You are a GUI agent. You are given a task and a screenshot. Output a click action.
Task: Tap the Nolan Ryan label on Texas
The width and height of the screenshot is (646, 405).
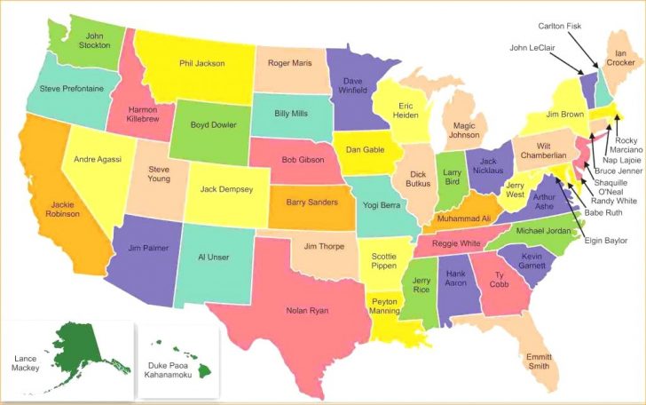coord(306,310)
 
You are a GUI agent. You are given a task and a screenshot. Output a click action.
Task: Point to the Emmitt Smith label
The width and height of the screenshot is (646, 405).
coord(537,361)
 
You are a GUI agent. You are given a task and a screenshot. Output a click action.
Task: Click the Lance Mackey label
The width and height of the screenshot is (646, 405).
coord(25,361)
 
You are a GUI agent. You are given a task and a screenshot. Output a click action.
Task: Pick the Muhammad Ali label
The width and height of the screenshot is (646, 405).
coord(462,218)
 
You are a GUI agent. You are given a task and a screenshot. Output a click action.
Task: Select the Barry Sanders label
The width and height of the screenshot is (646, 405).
coord(311,202)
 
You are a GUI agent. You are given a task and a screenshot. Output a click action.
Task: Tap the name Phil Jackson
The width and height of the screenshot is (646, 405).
coord(201,63)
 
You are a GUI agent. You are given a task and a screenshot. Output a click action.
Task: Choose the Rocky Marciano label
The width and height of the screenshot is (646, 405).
coord(626,146)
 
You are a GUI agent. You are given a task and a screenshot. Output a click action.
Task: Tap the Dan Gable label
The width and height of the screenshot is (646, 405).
coord(364,149)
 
